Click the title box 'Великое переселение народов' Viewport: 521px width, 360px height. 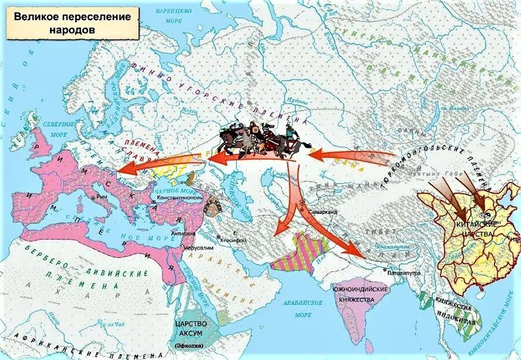pyautogui.click(x=72, y=23)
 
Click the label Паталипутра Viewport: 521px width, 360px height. pyautogui.click(x=403, y=273)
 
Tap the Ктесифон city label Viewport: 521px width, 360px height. pyautogui.click(x=233, y=240)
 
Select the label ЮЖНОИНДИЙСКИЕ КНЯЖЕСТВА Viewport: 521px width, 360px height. pyautogui.click(x=359, y=293)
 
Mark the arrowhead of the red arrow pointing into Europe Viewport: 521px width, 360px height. pyautogui.click(x=124, y=168)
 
